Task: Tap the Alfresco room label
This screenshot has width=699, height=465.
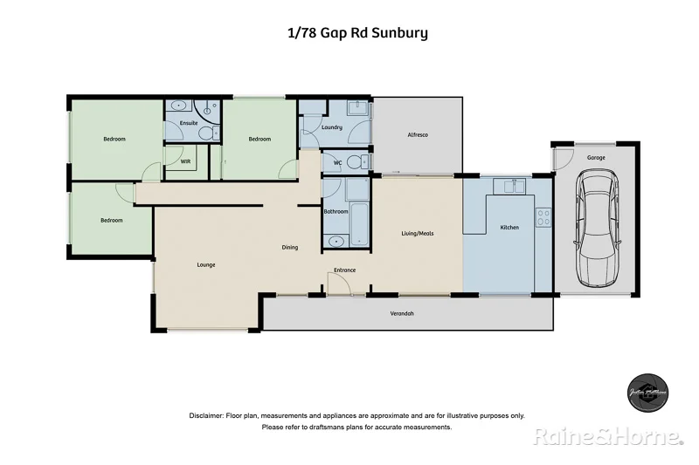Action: tap(417, 135)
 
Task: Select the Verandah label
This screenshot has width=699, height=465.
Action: tap(402, 313)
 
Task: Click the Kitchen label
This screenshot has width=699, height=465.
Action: tap(509, 227)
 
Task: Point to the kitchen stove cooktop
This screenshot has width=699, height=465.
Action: tap(543, 217)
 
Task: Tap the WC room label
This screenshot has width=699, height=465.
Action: tap(336, 162)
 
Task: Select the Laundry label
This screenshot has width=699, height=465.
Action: tap(331, 128)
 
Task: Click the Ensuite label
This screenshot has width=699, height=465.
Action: tap(189, 124)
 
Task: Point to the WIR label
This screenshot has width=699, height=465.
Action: tap(185, 161)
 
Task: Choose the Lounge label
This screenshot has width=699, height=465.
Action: tap(206, 264)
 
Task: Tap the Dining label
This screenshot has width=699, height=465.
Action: tap(290, 247)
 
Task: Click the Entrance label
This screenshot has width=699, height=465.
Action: tap(344, 270)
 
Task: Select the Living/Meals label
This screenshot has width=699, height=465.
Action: tap(417, 233)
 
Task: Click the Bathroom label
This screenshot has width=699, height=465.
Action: tap(336, 212)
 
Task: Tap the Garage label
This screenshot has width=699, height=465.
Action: tap(597, 158)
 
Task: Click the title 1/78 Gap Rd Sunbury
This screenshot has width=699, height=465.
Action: tap(357, 34)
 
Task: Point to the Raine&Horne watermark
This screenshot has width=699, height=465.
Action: tap(607, 435)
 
